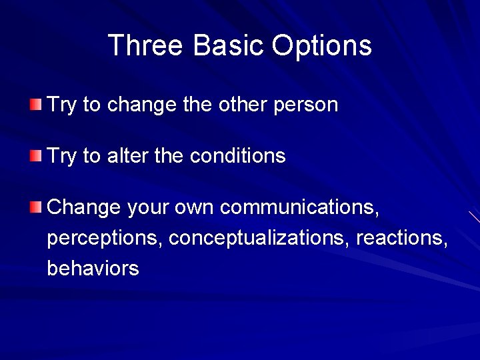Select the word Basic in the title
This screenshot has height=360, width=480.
[x=228, y=46]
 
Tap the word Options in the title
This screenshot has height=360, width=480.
[x=321, y=46]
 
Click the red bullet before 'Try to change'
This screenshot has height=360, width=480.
[x=35, y=105]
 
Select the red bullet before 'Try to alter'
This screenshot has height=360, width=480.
[x=35, y=156]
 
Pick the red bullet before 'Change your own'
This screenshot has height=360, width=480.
[x=35, y=207]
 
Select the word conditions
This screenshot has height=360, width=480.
[x=237, y=156]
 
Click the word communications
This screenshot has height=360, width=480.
[x=300, y=207]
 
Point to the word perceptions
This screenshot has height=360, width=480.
[x=104, y=239]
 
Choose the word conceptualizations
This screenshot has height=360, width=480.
[x=259, y=239]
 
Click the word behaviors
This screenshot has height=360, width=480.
[x=93, y=269]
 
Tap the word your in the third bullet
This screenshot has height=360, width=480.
[x=148, y=208]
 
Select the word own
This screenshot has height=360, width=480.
[x=195, y=208]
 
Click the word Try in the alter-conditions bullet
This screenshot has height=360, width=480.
[x=62, y=157]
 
